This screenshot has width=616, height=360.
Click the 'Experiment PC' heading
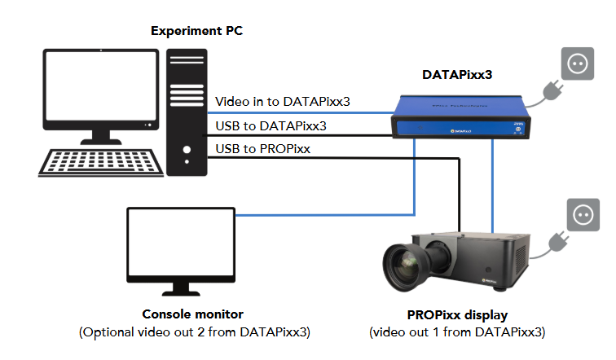point(196,31)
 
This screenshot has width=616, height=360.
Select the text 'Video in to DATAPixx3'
point(283,102)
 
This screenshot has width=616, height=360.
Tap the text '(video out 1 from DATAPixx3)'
point(456,332)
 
